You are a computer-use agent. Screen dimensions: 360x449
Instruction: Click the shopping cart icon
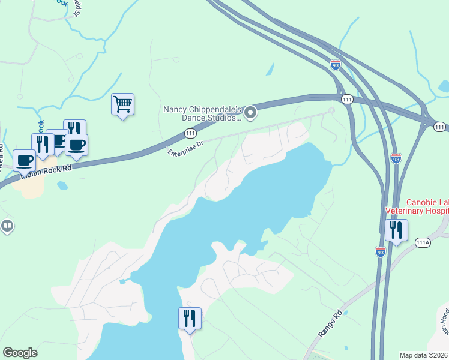pyautogui.click(x=122, y=104)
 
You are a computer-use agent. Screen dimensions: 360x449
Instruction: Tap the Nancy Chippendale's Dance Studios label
pyautogui.click(x=202, y=113)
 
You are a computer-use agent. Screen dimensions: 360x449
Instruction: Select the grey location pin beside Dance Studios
pyautogui.click(x=250, y=112)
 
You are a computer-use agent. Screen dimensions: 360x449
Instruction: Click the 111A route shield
pyautogui.click(x=423, y=242)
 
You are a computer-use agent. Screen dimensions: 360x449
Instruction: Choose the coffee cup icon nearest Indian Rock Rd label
pyautogui.click(x=25, y=161)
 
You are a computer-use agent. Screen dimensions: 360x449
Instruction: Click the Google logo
pyautogui.click(x=20, y=353)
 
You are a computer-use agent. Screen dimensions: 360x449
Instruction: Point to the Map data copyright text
pyautogui.click(x=423, y=355)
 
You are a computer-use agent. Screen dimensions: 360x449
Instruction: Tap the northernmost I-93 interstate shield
pyautogui.click(x=336, y=64)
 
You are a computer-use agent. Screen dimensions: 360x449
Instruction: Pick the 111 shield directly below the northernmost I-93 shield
pyautogui.click(x=347, y=98)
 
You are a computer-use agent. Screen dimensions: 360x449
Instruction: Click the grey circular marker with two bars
pyautogui.click(x=7, y=226)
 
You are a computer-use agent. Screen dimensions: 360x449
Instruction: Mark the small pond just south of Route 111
pyautogui.click(x=62, y=186)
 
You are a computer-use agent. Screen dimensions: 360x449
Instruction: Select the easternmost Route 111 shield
pyautogui.click(x=440, y=127)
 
